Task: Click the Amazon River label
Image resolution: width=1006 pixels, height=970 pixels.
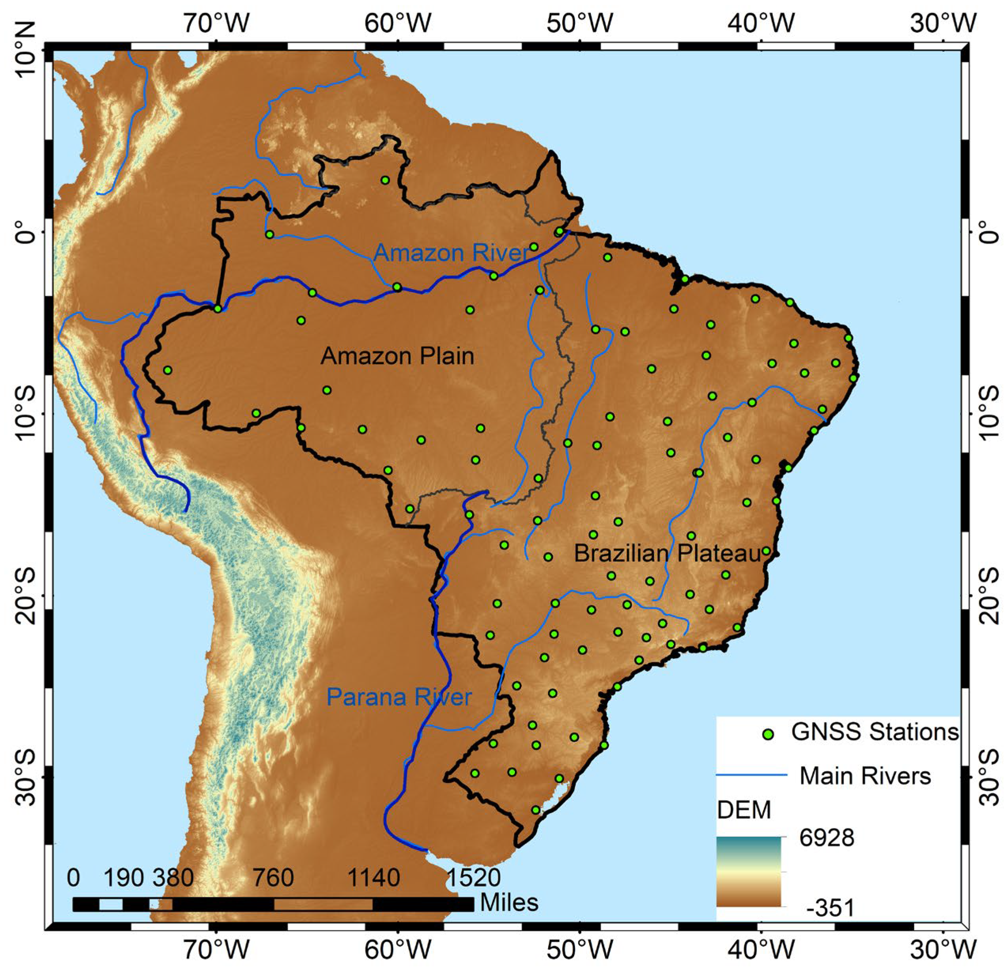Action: [451, 253]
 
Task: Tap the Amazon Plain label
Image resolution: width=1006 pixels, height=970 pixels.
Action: [397, 355]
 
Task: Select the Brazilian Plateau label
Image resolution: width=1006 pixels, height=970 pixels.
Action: [667, 553]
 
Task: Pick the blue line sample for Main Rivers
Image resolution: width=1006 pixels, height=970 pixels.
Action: [751, 775]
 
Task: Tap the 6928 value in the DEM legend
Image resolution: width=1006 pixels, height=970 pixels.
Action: [827, 838]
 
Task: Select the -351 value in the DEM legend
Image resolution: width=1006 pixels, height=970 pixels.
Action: [830, 908]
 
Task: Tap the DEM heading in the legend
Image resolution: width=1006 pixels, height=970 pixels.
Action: [744, 810]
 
